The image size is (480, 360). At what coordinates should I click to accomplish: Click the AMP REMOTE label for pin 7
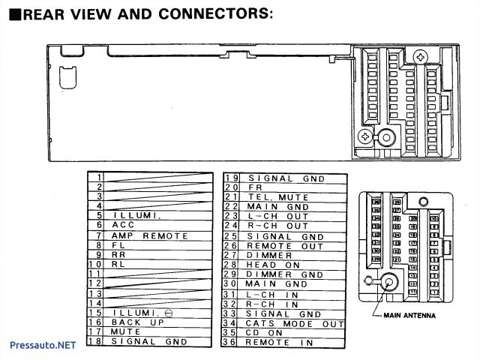coord(139,235)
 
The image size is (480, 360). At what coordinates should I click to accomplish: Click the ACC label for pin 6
coord(123,225)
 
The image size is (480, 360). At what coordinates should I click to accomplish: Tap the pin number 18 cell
coord(94,341)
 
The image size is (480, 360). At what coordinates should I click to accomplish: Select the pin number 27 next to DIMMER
coord(231,255)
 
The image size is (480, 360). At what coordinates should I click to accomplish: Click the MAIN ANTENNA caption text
coord(409,316)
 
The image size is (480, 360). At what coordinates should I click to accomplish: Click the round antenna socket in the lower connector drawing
coord(390,283)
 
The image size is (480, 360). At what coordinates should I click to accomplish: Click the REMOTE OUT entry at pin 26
coord(274,245)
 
